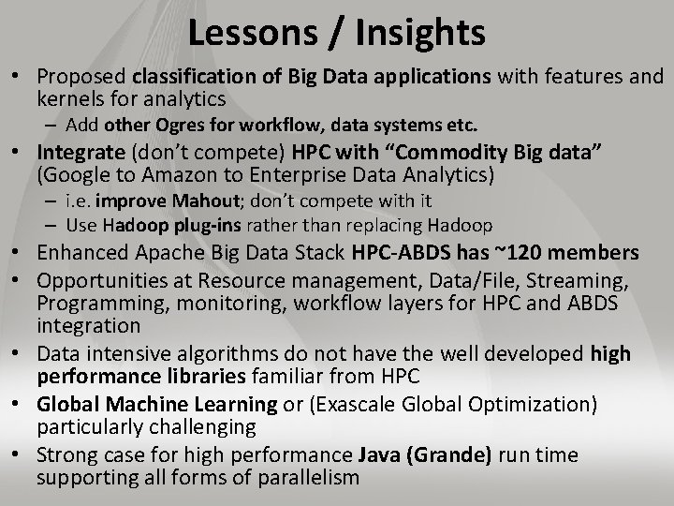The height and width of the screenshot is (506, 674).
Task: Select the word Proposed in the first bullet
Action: pyautogui.click(x=81, y=76)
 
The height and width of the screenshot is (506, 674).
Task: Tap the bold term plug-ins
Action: pyautogui.click(x=196, y=225)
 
